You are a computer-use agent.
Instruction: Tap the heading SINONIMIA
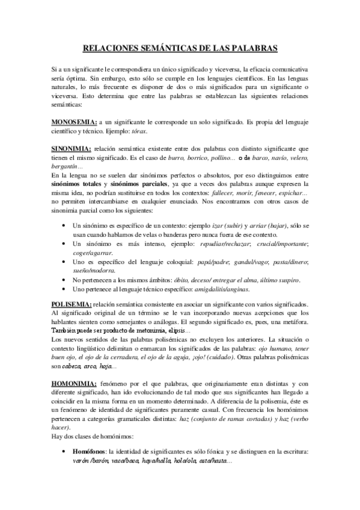(71, 148)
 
